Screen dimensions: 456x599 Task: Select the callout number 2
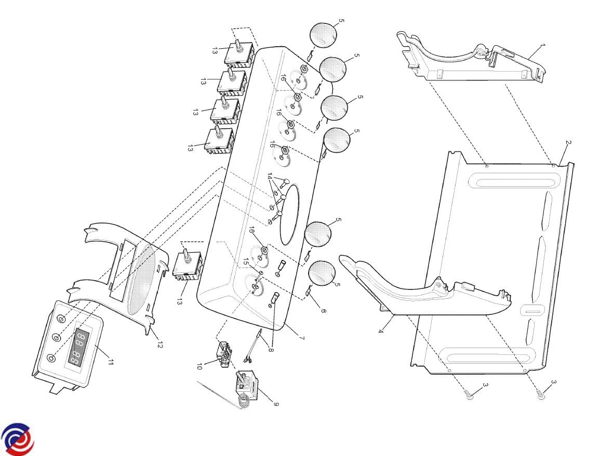568,143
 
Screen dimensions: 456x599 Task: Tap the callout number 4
381,330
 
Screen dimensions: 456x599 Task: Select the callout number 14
270,176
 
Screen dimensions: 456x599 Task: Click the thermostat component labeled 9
245,385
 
